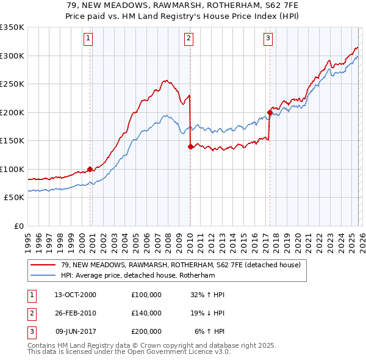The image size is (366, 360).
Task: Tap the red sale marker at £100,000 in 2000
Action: click(90, 169)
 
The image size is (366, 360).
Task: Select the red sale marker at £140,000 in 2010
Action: click(191, 146)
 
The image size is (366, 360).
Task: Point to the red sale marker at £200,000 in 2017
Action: click(270, 112)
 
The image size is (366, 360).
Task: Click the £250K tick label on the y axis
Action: click(12, 84)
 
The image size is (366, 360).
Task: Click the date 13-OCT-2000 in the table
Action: click(75, 295)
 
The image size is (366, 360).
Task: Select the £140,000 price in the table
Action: click(146, 313)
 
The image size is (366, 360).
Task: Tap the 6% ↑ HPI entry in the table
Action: click(210, 331)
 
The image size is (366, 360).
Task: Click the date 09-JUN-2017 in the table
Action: click(75, 331)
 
